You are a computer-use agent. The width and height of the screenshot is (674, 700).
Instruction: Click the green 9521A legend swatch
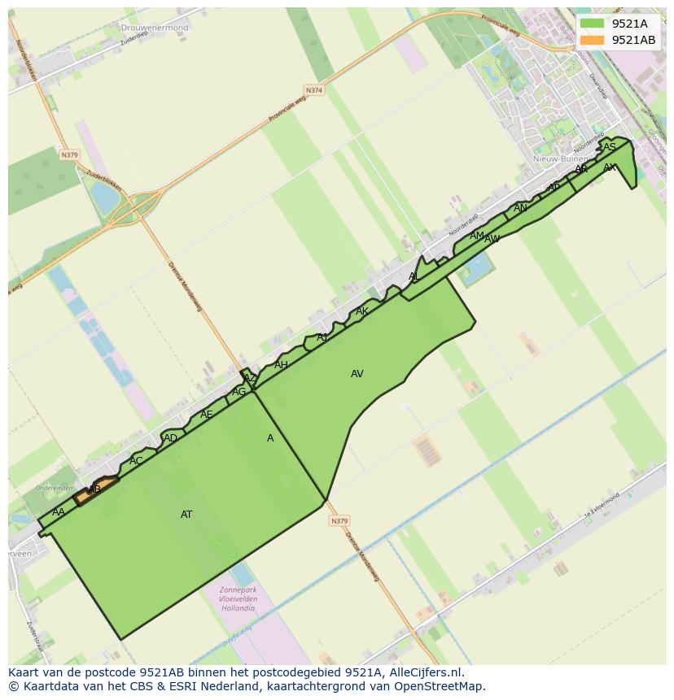[593, 24]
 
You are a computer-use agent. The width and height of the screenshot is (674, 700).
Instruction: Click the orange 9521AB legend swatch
[593, 40]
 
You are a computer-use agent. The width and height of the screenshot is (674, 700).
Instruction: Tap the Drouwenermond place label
[155, 28]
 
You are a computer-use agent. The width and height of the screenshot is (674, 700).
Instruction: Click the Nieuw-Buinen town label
[556, 159]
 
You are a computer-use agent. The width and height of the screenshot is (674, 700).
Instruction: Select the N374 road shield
[313, 90]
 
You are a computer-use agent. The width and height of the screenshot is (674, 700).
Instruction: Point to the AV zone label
[357, 374]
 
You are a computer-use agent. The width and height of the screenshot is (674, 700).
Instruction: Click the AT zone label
[186, 515]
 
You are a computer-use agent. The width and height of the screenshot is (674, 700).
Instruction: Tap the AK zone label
[362, 311]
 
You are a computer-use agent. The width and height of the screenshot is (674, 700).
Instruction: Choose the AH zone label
[281, 365]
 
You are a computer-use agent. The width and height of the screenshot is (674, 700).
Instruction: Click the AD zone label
[170, 439]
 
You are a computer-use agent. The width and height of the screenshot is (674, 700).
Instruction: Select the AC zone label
[136, 461]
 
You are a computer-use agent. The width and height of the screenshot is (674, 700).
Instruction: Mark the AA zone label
[58, 512]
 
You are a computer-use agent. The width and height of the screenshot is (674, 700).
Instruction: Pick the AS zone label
[610, 147]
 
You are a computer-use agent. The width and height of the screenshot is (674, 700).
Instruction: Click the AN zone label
[520, 208]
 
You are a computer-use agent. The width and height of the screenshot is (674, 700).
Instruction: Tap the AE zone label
[207, 415]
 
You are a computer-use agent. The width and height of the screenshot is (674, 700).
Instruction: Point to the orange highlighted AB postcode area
[96, 489]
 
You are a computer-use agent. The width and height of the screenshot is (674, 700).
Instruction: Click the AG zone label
[239, 392]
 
